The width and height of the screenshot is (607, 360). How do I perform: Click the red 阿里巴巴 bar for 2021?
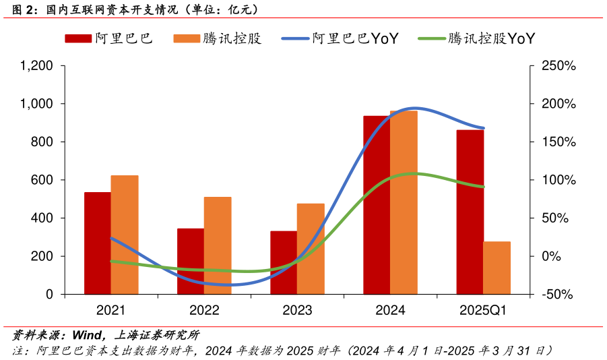tap(97, 243)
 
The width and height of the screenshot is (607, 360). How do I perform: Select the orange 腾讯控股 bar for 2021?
tap(125, 235)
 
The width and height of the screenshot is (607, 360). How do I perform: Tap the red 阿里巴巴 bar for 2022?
tap(191, 262)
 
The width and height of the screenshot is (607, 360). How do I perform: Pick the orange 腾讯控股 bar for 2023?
tap(311, 249)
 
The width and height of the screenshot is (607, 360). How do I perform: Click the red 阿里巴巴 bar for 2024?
tap(377, 205)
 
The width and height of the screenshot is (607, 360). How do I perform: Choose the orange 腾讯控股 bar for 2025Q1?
tap(497, 268)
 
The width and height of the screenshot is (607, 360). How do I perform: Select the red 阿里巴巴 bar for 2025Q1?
tap(470, 212)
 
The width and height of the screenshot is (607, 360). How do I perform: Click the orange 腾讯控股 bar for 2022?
tap(218, 245)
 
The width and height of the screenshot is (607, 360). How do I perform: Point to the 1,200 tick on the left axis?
tap(37, 66)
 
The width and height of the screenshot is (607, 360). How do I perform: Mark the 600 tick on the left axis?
tap(43, 180)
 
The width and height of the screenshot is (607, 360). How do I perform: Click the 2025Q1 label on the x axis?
tap(483, 311)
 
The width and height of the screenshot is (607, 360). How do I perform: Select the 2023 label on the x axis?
tap(297, 311)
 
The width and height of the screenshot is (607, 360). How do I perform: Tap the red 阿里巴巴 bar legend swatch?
tap(77, 38)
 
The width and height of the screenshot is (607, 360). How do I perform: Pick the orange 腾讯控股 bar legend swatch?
tap(186, 38)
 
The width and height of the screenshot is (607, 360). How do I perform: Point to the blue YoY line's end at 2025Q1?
tap(483, 128)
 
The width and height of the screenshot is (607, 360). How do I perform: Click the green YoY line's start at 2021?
tap(111, 261)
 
